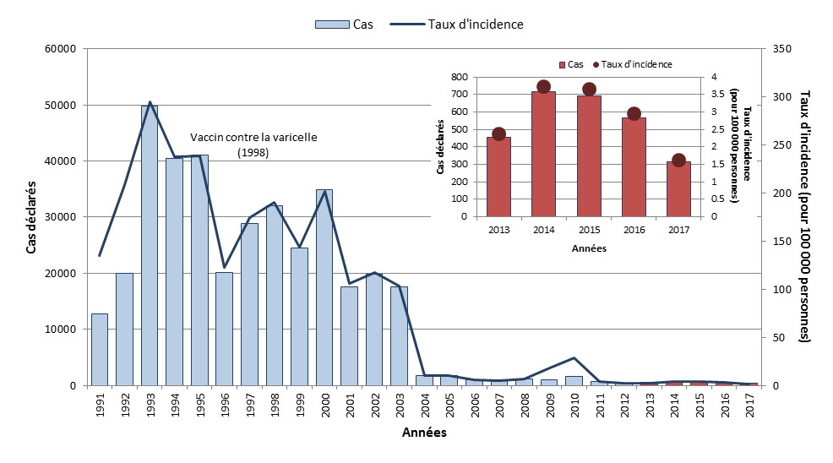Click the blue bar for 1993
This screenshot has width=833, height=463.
pyautogui.click(x=150, y=245)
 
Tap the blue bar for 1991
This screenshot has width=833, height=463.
pyautogui.click(x=100, y=349)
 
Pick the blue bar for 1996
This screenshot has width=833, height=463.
pyautogui.click(x=225, y=329)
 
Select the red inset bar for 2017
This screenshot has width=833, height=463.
pyautogui.click(x=678, y=188)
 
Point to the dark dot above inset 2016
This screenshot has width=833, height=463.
pyautogui.click(x=634, y=114)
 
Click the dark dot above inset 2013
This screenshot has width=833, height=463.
pyautogui.click(x=498, y=133)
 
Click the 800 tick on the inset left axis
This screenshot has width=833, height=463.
pyautogui.click(x=459, y=77)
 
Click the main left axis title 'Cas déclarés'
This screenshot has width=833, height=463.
pyautogui.click(x=32, y=217)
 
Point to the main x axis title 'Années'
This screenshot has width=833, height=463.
pyautogui.click(x=424, y=433)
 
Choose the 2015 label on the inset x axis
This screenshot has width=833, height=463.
pyautogui.click(x=589, y=229)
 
